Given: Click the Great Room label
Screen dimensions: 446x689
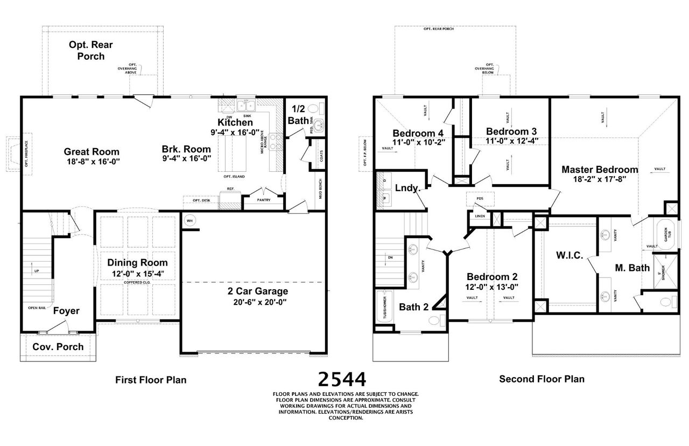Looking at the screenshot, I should point(92,151).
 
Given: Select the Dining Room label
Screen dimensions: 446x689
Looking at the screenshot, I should point(137,263).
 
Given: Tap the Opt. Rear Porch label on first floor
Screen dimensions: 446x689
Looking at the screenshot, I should point(90,51).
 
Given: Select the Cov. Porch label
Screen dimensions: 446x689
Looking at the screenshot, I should point(58,346).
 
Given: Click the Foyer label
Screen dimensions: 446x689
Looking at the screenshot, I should point(66,311).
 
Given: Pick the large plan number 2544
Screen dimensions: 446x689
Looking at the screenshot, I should point(342,379).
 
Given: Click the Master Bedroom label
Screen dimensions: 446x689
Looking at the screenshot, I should point(600,170).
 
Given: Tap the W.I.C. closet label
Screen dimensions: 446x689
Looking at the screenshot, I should point(569,255).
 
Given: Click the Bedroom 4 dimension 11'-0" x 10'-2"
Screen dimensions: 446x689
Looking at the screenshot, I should point(418,143).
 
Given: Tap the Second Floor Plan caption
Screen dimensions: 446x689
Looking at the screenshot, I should point(542,379).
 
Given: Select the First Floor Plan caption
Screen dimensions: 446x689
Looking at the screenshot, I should point(151,380).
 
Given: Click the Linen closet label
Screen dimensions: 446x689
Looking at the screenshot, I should point(480,217).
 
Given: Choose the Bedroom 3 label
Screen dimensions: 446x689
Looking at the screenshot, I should point(511,131).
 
